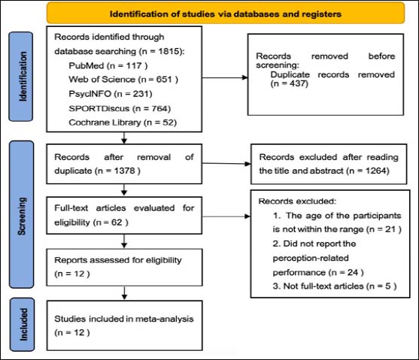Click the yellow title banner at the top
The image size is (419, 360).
(x=226, y=14)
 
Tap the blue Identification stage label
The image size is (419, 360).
(x=21, y=77)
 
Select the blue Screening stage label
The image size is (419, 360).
(x=21, y=214)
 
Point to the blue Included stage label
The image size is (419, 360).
(x=23, y=324)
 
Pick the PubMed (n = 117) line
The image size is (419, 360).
(x=108, y=65)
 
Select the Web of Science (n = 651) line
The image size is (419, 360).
(x=123, y=80)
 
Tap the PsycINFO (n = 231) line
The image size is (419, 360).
(x=111, y=94)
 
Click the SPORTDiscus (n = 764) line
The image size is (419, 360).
(x=120, y=108)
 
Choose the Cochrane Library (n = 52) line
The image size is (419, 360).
(x=123, y=123)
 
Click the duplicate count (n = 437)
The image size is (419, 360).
(x=290, y=83)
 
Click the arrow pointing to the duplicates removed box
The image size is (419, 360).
(x=225, y=77)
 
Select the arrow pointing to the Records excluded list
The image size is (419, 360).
(x=226, y=216)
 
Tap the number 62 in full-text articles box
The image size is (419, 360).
(x=117, y=222)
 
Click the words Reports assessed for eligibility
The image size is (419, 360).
(x=118, y=260)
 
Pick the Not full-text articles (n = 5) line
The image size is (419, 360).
(x=335, y=286)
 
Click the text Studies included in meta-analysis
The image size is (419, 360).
(x=123, y=319)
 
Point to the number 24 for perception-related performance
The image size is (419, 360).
(x=353, y=272)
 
